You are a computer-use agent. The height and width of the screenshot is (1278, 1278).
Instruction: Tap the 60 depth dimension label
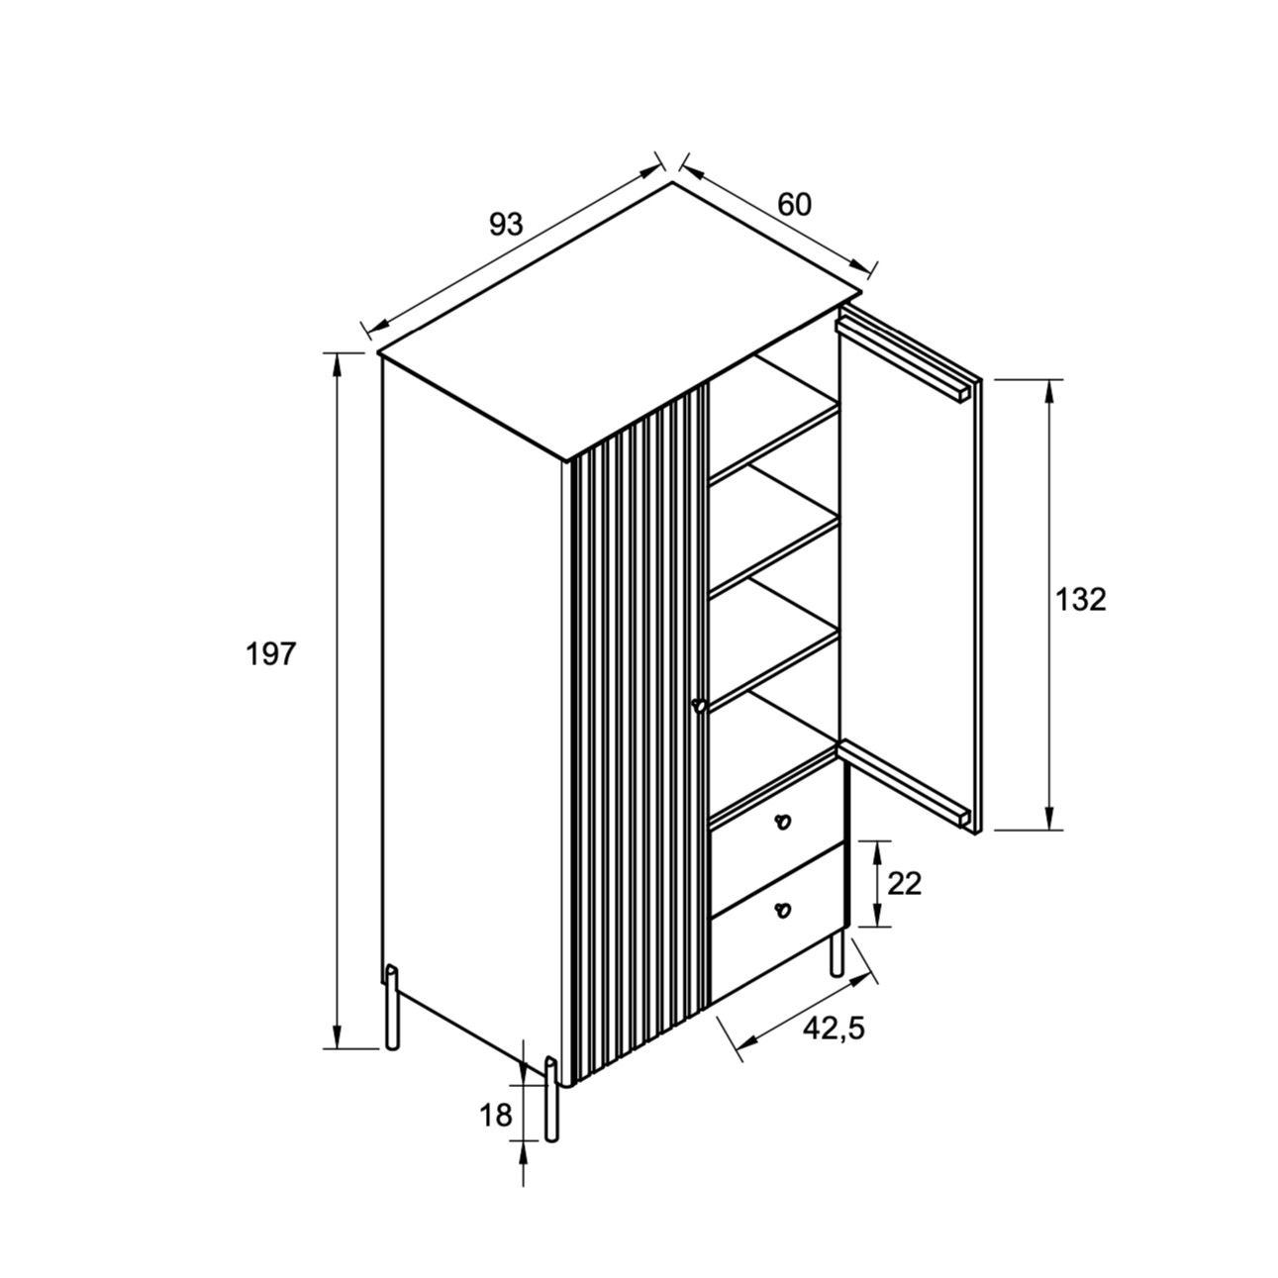794,205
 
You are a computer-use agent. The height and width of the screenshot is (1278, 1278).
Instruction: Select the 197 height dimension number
270,654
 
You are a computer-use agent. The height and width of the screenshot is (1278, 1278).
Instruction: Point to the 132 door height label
1081,600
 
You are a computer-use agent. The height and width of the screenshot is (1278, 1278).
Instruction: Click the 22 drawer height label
905,883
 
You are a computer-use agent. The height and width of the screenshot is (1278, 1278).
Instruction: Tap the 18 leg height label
496,1116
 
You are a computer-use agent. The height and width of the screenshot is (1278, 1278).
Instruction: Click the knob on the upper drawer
783,821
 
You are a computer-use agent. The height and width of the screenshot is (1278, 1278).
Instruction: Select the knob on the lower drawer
783,910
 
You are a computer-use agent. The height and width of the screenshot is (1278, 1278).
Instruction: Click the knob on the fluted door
698,706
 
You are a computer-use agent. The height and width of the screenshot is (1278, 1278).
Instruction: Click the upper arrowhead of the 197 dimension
338,364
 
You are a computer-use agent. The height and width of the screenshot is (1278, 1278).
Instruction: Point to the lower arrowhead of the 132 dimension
1048,817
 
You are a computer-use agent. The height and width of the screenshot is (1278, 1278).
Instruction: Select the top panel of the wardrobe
621,321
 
